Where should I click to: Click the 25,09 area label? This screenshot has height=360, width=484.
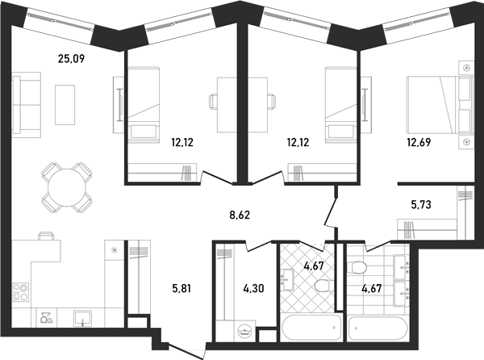[x=71, y=58]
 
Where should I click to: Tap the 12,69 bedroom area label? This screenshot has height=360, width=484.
[x=419, y=142]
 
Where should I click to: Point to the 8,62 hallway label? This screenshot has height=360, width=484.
[x=240, y=215]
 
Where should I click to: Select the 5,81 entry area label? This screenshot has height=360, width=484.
[x=181, y=289]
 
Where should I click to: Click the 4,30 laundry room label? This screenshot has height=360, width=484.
[x=253, y=289]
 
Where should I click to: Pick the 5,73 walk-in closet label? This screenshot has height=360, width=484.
[x=421, y=204]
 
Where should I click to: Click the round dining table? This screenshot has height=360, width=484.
[x=67, y=187]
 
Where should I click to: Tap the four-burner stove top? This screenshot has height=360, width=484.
[x=21, y=292]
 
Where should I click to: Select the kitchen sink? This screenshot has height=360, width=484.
[x=82, y=318]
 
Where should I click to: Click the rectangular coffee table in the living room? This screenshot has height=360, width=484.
[x=65, y=105]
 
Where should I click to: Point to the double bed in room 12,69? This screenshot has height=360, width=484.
[x=440, y=105]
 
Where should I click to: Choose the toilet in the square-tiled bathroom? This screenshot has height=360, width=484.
[x=357, y=268]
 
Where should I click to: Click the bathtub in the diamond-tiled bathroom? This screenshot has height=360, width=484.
[x=311, y=328]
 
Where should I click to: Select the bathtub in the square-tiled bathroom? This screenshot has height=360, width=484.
[x=378, y=329]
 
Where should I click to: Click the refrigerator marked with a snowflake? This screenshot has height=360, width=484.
[x=115, y=250]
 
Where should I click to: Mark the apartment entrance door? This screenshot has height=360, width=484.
[x=187, y=352]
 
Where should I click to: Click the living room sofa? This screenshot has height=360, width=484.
[x=27, y=105]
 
